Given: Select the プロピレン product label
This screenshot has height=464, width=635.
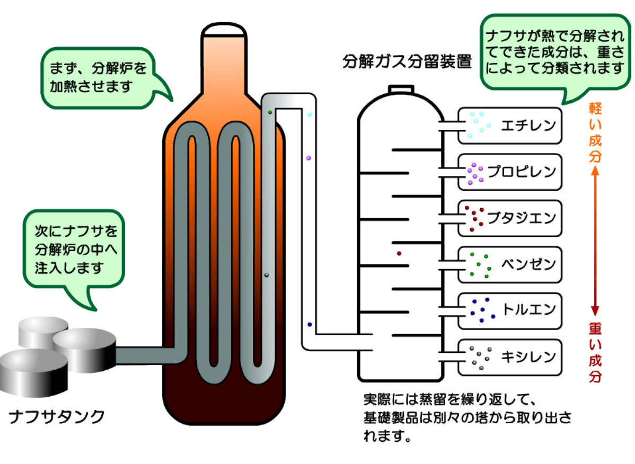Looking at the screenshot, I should click(x=522, y=172).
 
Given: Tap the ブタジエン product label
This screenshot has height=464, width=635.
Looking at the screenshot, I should click(x=522, y=218).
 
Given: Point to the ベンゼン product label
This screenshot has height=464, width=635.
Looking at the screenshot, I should click(x=527, y=264).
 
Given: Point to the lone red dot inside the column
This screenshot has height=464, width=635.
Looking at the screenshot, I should click(x=399, y=253).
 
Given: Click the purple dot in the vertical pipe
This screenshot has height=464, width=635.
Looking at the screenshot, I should click(x=308, y=158).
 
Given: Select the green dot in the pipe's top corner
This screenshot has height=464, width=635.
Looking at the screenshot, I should click(x=270, y=112).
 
